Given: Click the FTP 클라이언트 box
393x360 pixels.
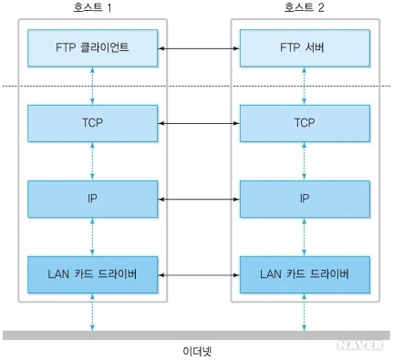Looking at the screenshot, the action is pyautogui.click(x=92, y=48).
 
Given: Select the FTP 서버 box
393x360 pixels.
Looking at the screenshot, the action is pyautogui.click(x=305, y=48).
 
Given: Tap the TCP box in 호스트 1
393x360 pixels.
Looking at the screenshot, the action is pyautogui.click(x=92, y=123).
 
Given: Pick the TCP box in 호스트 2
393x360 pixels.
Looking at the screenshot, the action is pyautogui.click(x=305, y=123).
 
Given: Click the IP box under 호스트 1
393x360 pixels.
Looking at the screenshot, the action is pyautogui.click(x=92, y=199).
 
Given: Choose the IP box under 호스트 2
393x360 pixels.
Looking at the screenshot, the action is pyautogui.click(x=305, y=199).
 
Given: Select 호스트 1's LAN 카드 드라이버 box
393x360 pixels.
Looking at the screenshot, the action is pyautogui.click(x=92, y=274).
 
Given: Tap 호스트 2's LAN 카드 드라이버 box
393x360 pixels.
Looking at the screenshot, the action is pyautogui.click(x=305, y=274).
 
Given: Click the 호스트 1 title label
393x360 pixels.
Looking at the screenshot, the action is pyautogui.click(x=92, y=7).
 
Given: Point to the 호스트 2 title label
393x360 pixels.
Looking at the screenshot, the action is pyautogui.click(x=305, y=7).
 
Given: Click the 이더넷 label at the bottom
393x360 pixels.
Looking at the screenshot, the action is pyautogui.click(x=197, y=352).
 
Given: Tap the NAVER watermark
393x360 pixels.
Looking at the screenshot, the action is pyautogui.click(x=360, y=345).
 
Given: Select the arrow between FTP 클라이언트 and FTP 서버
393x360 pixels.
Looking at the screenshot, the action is pyautogui.click(x=199, y=48).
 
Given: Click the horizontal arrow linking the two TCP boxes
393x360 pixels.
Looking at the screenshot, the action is pyautogui.click(x=199, y=123).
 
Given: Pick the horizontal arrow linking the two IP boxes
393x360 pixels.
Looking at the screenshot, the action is pyautogui.click(x=199, y=200).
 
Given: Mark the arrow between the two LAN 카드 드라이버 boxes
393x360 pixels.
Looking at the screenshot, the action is pyautogui.click(x=199, y=275).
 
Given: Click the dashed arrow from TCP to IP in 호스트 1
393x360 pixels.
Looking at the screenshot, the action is pyautogui.click(x=92, y=161).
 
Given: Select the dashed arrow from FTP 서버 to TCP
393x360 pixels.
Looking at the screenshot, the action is pyautogui.click(x=304, y=86).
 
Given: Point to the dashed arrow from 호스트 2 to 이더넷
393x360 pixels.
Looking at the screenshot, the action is pyautogui.click(x=304, y=313).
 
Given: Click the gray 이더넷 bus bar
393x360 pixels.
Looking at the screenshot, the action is pyautogui.click(x=196, y=335).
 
